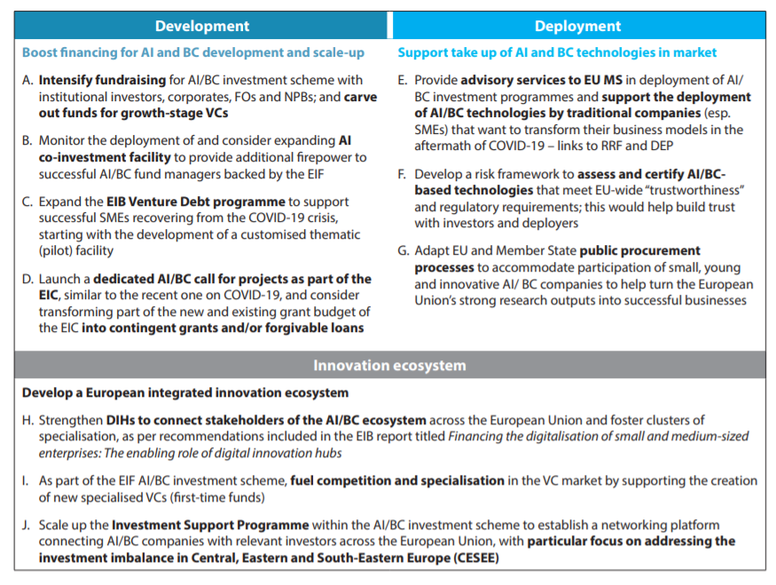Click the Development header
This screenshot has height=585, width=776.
click(x=202, y=26)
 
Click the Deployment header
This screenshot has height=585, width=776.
click(x=577, y=26)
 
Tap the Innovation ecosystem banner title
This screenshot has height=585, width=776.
click(x=389, y=365)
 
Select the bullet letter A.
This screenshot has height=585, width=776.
click(x=27, y=80)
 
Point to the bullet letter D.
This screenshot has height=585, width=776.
click(x=27, y=279)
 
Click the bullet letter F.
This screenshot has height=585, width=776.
click(x=403, y=174)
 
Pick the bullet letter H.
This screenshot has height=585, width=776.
click(x=27, y=420)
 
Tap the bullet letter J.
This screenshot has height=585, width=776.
click(x=27, y=525)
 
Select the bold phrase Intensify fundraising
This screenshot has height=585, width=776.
click(x=103, y=80)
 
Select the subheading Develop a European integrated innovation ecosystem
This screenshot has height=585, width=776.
click(x=185, y=392)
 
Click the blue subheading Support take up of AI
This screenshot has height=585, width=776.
click(x=557, y=52)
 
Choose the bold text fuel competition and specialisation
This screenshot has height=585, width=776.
click(x=397, y=480)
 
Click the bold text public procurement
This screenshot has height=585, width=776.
click(x=639, y=250)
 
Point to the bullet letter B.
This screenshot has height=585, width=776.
click(x=27, y=140)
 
